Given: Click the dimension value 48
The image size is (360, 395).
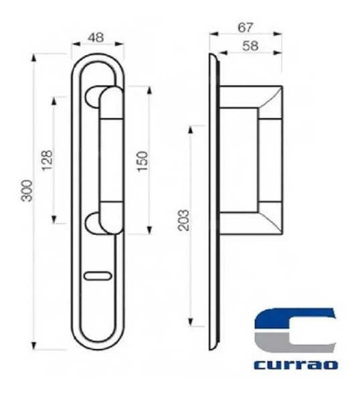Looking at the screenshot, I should tap(98, 38).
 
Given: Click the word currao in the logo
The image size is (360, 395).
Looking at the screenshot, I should tap(296, 365).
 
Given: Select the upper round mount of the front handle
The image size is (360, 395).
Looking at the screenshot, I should tap(97, 94).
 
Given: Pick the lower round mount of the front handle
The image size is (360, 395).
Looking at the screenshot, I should tap(97, 222).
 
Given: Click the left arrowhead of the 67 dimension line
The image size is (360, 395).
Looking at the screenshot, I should tap(211, 33).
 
